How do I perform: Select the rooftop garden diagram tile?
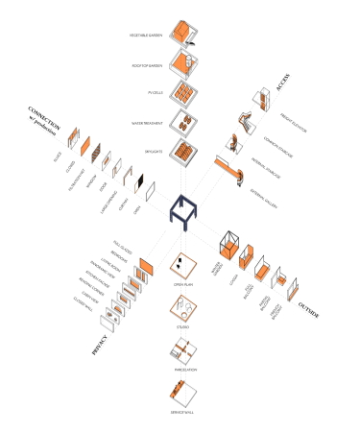(183, 63)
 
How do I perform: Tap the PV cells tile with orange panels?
(181, 93)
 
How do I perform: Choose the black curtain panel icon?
(140, 180)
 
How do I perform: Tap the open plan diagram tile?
(180, 264)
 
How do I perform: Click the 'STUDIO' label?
(180, 327)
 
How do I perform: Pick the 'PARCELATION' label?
(180, 368)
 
